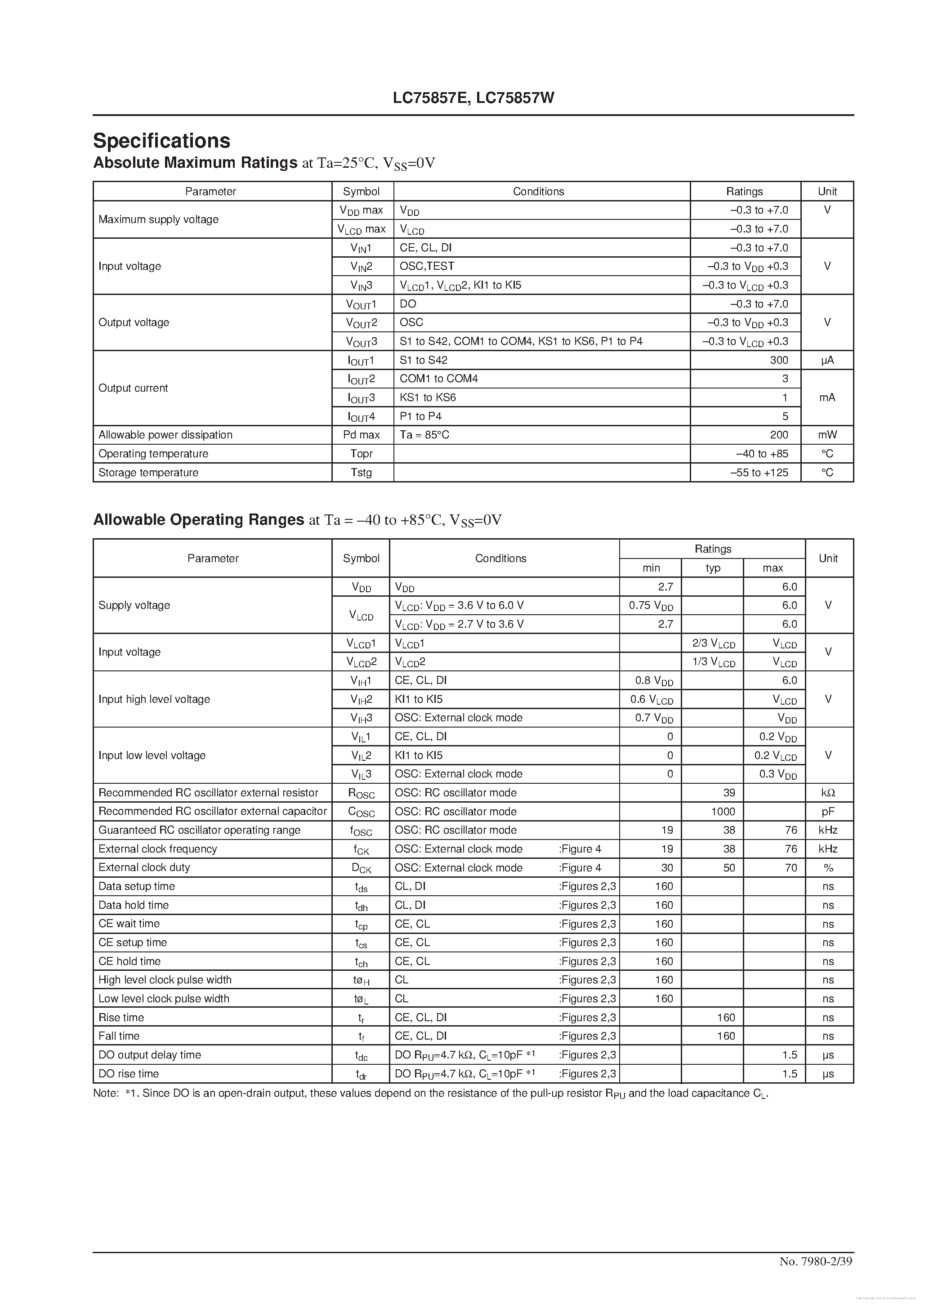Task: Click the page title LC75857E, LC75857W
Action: coord(473,98)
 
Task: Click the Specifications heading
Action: coord(161,141)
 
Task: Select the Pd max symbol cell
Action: coord(361,435)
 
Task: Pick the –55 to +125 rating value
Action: coord(759,472)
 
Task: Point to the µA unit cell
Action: coord(827,360)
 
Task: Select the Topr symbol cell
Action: coord(361,454)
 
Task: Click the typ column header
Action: coord(713,568)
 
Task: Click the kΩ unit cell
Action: coord(828,793)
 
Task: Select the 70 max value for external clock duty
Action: coord(791,867)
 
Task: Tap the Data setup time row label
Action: coord(137,886)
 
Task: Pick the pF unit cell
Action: coord(828,812)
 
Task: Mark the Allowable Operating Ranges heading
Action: coord(198,519)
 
